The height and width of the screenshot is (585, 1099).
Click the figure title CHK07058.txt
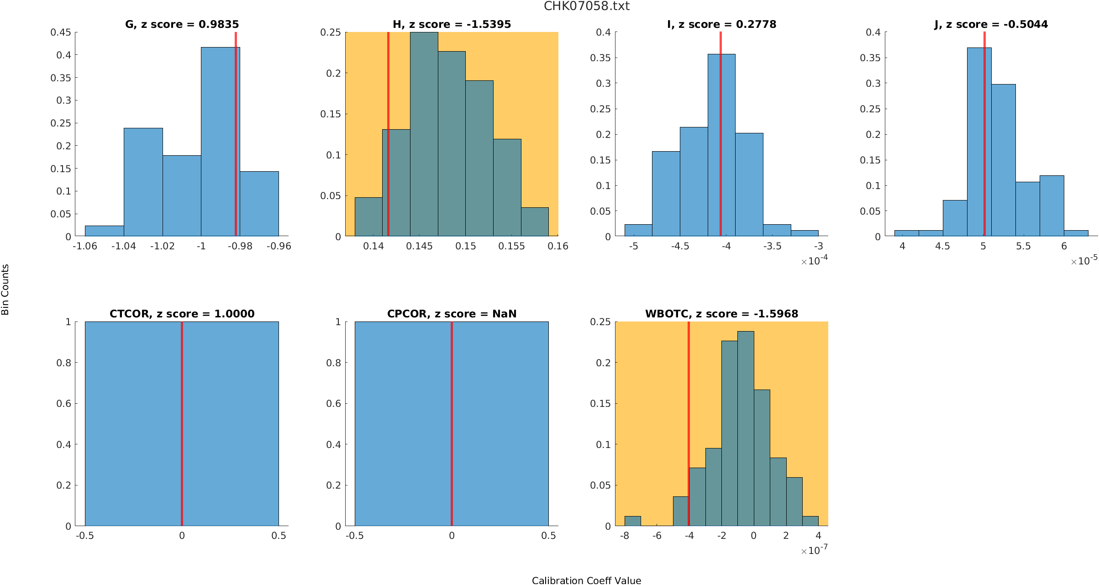(x=586, y=6)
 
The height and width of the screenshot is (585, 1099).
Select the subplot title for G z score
(x=182, y=24)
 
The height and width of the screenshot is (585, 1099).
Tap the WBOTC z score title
(x=721, y=314)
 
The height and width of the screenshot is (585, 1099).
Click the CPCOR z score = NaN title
(x=452, y=314)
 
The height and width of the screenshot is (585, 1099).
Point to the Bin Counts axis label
(x=5, y=290)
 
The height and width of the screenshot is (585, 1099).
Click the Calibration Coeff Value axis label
(x=586, y=580)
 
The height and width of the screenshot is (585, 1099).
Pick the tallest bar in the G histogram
(x=220, y=142)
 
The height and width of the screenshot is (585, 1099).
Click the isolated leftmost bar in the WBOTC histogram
(x=632, y=521)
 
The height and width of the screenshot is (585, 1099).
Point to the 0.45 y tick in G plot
(x=61, y=32)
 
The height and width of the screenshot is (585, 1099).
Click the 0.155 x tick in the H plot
(x=511, y=246)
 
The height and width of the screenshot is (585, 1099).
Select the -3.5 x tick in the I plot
(x=772, y=246)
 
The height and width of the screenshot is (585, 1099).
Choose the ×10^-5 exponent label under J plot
(x=1084, y=261)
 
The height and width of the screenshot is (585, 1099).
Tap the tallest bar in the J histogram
(x=979, y=142)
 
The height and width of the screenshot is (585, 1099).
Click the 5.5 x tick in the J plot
(x=1023, y=246)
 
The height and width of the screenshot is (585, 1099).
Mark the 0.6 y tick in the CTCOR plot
(x=63, y=403)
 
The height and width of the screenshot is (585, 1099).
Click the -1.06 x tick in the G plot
(x=85, y=246)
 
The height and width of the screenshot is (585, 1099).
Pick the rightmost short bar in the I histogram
(x=805, y=233)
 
